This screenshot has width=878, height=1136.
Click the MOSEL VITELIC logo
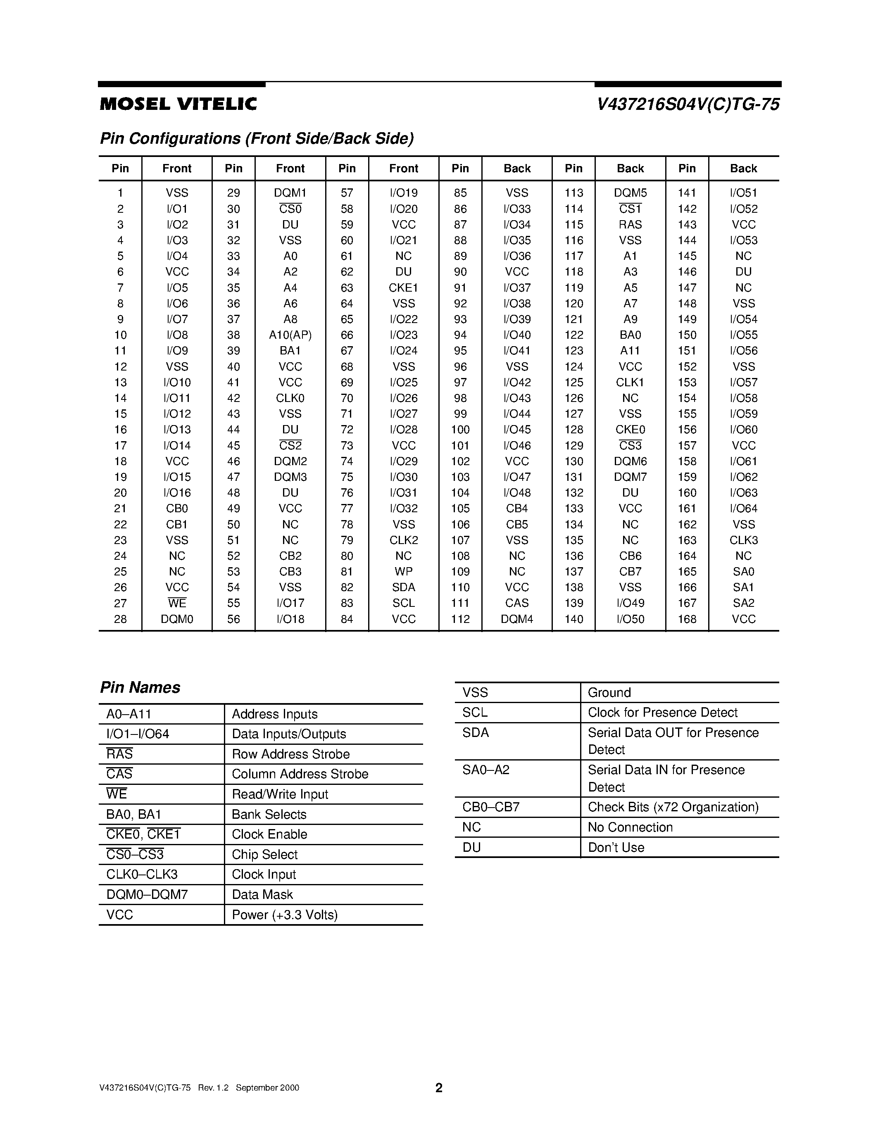click(x=178, y=104)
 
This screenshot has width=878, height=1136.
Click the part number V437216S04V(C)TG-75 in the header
click(x=688, y=105)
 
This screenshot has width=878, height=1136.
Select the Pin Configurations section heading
click(x=257, y=138)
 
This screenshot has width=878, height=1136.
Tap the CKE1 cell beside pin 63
click(x=403, y=288)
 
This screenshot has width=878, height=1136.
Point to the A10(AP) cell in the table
click(x=290, y=335)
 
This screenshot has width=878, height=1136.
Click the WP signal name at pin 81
click(x=403, y=572)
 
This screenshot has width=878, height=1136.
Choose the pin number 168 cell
click(x=687, y=619)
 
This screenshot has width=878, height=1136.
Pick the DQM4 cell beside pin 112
click(x=516, y=619)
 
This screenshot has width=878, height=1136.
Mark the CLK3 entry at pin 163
click(x=743, y=540)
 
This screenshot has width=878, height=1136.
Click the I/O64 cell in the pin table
click(x=743, y=508)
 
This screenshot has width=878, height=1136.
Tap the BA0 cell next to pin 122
click(x=630, y=335)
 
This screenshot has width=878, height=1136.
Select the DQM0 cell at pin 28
click(x=177, y=619)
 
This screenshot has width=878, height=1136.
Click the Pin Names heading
click(x=140, y=688)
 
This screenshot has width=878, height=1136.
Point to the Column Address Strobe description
click(x=300, y=774)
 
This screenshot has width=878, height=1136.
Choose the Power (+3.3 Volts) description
click(x=285, y=915)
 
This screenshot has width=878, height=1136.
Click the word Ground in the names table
click(x=609, y=693)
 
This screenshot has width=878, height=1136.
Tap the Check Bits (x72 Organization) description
click(x=673, y=807)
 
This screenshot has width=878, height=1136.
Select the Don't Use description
click(x=616, y=847)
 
